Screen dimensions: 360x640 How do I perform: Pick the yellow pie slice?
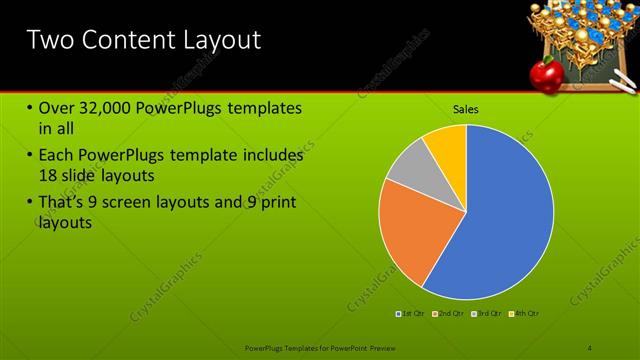(x=447, y=143)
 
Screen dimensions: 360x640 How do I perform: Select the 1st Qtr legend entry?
(x=410, y=314)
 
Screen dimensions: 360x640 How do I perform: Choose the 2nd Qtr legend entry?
(x=448, y=314)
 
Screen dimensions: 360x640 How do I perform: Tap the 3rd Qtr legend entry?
(x=486, y=314)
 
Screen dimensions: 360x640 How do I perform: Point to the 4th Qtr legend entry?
(x=524, y=314)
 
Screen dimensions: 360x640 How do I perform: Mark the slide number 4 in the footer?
(x=590, y=347)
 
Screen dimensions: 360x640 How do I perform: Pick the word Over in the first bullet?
(x=56, y=108)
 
